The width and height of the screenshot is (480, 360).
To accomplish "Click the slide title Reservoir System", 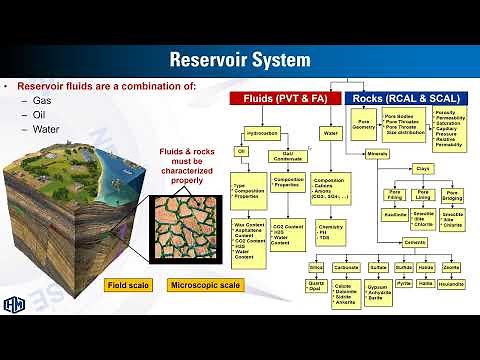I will (239, 60).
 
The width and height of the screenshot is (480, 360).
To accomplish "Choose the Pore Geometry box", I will (363, 124).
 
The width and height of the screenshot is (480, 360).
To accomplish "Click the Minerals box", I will (376, 154).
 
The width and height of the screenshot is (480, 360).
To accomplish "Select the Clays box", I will (422, 169).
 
